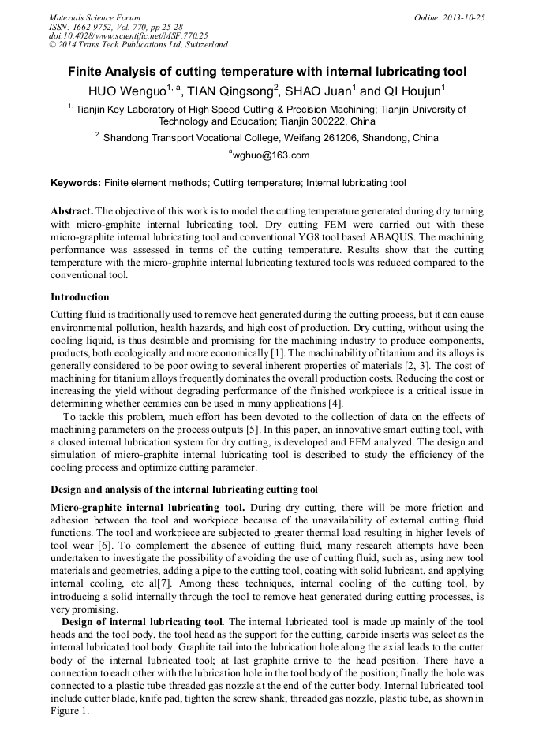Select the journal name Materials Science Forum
click(x=95, y=17)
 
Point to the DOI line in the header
click(x=128, y=35)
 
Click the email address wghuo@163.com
click(x=268, y=155)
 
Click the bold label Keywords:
click(x=76, y=183)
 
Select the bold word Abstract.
click(x=73, y=213)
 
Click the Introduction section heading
click(x=80, y=297)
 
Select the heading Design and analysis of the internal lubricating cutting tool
click(x=184, y=489)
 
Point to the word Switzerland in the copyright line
click(x=206, y=45)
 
